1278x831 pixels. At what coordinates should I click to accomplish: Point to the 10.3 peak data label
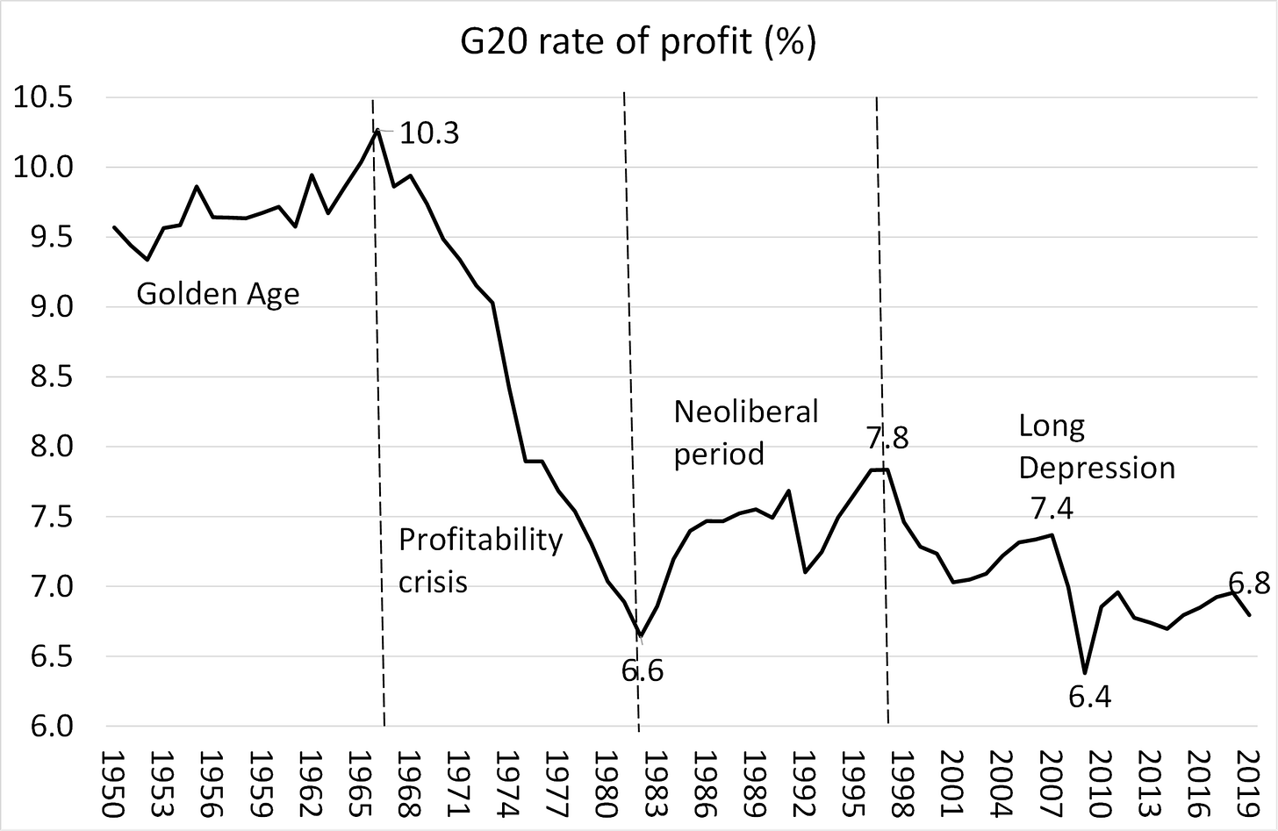pyautogui.click(x=429, y=133)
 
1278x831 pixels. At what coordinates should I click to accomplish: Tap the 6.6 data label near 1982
pyautogui.click(x=643, y=671)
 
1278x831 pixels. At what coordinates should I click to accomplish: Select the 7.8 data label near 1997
pyautogui.click(x=887, y=437)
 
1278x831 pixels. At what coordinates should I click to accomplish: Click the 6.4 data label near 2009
pyautogui.click(x=1090, y=698)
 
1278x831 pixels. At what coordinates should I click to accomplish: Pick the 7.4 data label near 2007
pyautogui.click(x=1052, y=508)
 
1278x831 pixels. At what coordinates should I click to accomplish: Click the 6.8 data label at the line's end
pyautogui.click(x=1248, y=583)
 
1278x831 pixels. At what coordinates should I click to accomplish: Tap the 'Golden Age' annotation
pyautogui.click(x=218, y=293)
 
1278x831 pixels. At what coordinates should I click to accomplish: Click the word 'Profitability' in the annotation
pyautogui.click(x=480, y=540)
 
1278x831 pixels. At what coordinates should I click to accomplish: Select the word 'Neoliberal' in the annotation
pyautogui.click(x=745, y=411)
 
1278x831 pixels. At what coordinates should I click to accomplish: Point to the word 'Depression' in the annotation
pyautogui.click(x=1096, y=468)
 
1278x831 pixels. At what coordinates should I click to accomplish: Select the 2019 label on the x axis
pyautogui.click(x=1246, y=784)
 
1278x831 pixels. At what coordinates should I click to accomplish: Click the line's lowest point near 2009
pyautogui.click(x=1086, y=673)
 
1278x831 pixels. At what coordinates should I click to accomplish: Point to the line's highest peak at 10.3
pyautogui.click(x=377, y=130)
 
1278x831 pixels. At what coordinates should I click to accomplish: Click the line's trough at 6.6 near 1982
pyautogui.click(x=641, y=635)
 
